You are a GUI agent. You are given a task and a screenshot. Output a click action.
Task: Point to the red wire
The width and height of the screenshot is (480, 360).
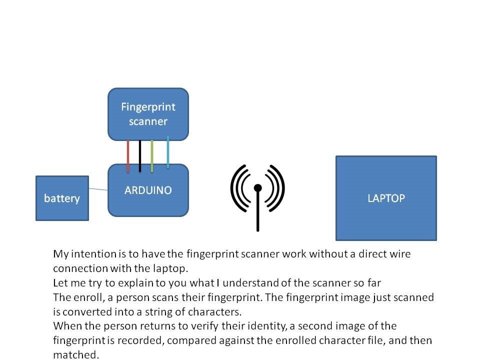(x=128, y=155)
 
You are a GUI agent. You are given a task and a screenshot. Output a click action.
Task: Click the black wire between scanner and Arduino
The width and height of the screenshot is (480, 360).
(x=140, y=155)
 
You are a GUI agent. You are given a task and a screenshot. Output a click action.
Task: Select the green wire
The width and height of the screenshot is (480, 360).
(x=152, y=155)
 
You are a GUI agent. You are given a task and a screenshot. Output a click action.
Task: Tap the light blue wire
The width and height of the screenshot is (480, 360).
(x=167, y=152)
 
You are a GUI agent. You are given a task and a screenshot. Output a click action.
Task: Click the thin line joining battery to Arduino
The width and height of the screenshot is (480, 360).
(x=98, y=189)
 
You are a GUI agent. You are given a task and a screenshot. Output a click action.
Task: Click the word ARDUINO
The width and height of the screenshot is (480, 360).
(x=148, y=190)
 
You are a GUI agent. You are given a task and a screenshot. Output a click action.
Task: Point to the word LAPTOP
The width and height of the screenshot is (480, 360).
(x=386, y=198)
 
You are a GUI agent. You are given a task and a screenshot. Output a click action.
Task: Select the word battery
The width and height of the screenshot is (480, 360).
(x=62, y=198)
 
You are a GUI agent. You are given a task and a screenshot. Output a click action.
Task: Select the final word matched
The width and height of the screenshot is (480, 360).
(x=76, y=355)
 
